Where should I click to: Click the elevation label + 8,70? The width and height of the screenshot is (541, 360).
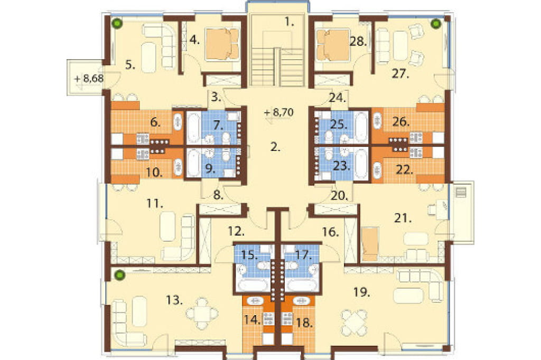click(x=278, y=112)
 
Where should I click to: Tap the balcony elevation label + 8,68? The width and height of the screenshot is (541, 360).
click(x=89, y=79)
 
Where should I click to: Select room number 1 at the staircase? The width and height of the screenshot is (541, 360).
click(x=289, y=22)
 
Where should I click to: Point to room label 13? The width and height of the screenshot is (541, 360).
click(x=174, y=300)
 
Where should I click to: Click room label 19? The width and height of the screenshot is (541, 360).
click(x=361, y=292)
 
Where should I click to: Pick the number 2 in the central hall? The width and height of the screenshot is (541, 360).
click(x=275, y=147)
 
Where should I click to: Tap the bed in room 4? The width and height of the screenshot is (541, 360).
click(x=222, y=44)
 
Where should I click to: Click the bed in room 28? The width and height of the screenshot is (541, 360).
click(x=333, y=44)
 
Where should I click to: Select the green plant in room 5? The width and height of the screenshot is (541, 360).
click(x=118, y=23)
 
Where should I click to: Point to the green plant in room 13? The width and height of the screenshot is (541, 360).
click(x=119, y=275)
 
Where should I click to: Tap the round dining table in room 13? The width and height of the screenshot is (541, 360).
click(x=202, y=314)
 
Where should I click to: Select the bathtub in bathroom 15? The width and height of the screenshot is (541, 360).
click(x=253, y=286)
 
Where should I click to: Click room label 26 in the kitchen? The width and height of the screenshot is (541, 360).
click(x=400, y=122)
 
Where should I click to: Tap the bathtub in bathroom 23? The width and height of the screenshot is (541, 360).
click(x=361, y=164)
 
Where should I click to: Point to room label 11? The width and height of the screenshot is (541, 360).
click(x=154, y=204)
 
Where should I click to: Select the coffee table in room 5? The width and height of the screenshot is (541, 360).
click(x=148, y=57)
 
